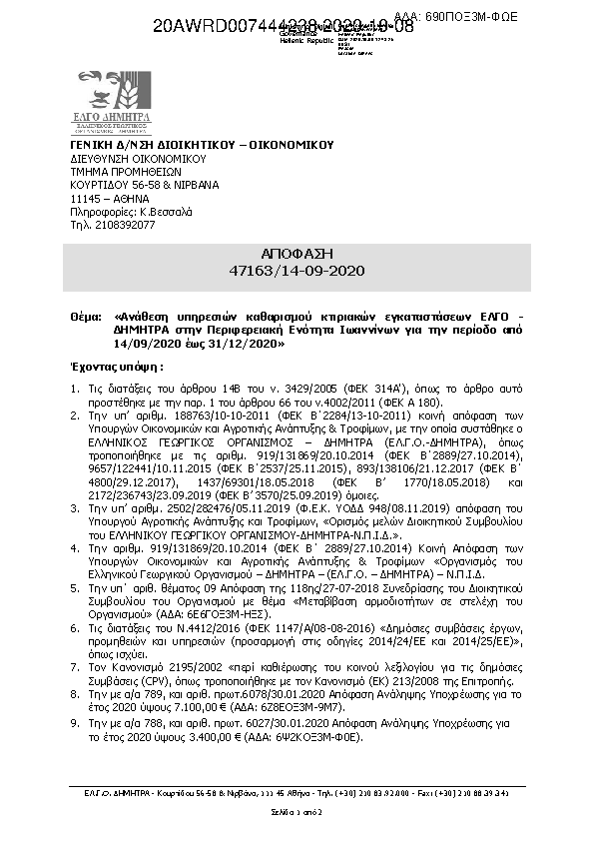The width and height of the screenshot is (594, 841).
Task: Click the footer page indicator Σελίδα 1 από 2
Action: point(297,814)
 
